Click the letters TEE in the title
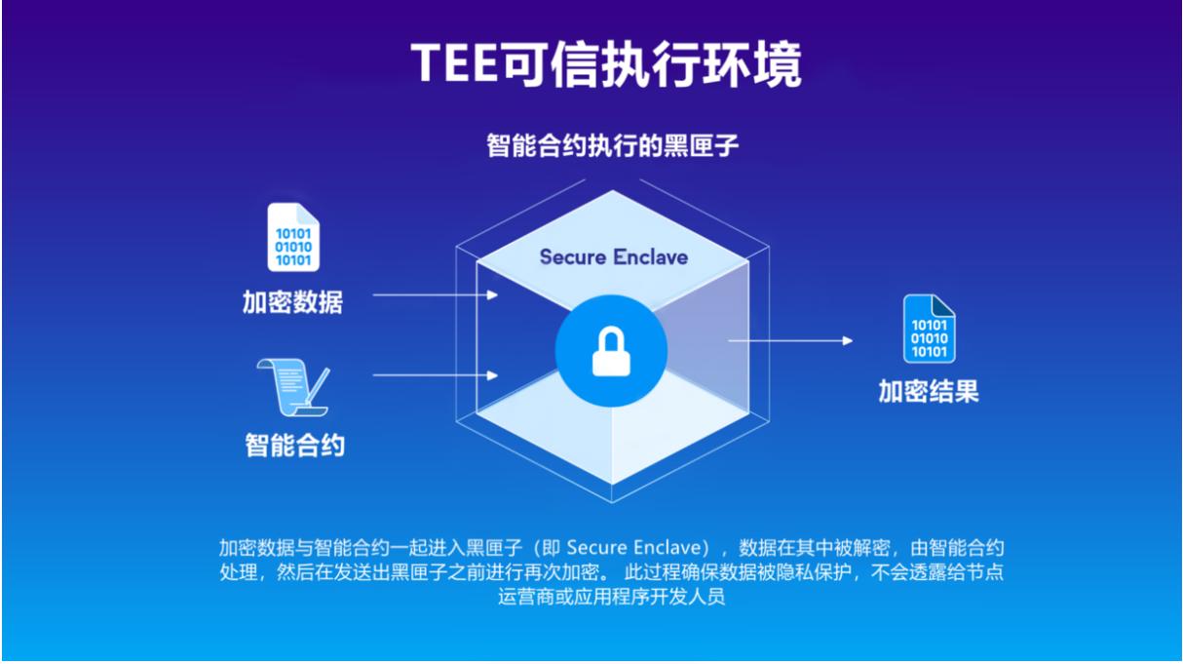click(x=455, y=62)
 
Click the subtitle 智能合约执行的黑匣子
click(x=612, y=145)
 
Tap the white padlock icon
click(x=611, y=351)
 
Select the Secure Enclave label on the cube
click(x=614, y=257)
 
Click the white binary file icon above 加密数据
click(x=293, y=237)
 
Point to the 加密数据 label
click(x=292, y=302)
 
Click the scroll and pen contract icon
click(x=293, y=387)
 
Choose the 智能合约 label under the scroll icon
click(x=294, y=445)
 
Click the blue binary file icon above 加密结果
click(x=930, y=329)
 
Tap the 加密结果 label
click(x=929, y=391)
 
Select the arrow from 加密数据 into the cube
click(x=436, y=294)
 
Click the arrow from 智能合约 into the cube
click(x=436, y=375)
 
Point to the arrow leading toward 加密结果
click(x=790, y=340)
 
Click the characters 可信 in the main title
click(x=550, y=64)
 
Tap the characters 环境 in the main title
click(x=752, y=64)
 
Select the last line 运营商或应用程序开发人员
click(x=612, y=597)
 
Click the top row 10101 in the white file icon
click(x=293, y=233)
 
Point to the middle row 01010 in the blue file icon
click(x=930, y=338)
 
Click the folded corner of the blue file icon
click(x=943, y=305)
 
